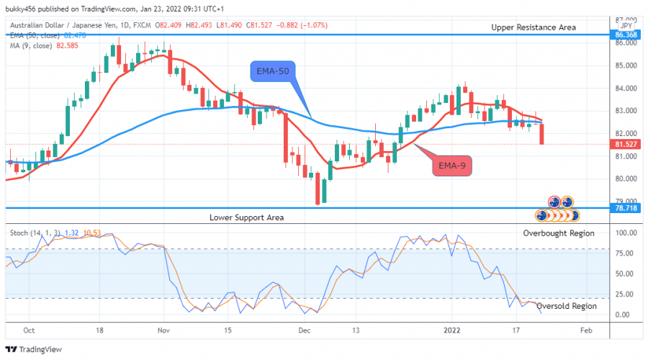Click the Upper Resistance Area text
(534, 27)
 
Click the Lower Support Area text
(247, 217)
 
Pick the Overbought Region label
(559, 233)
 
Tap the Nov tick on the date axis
(163, 330)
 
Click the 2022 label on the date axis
(451, 330)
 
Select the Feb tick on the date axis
(587, 330)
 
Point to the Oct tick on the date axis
(30, 330)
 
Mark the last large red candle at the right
(541, 133)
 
